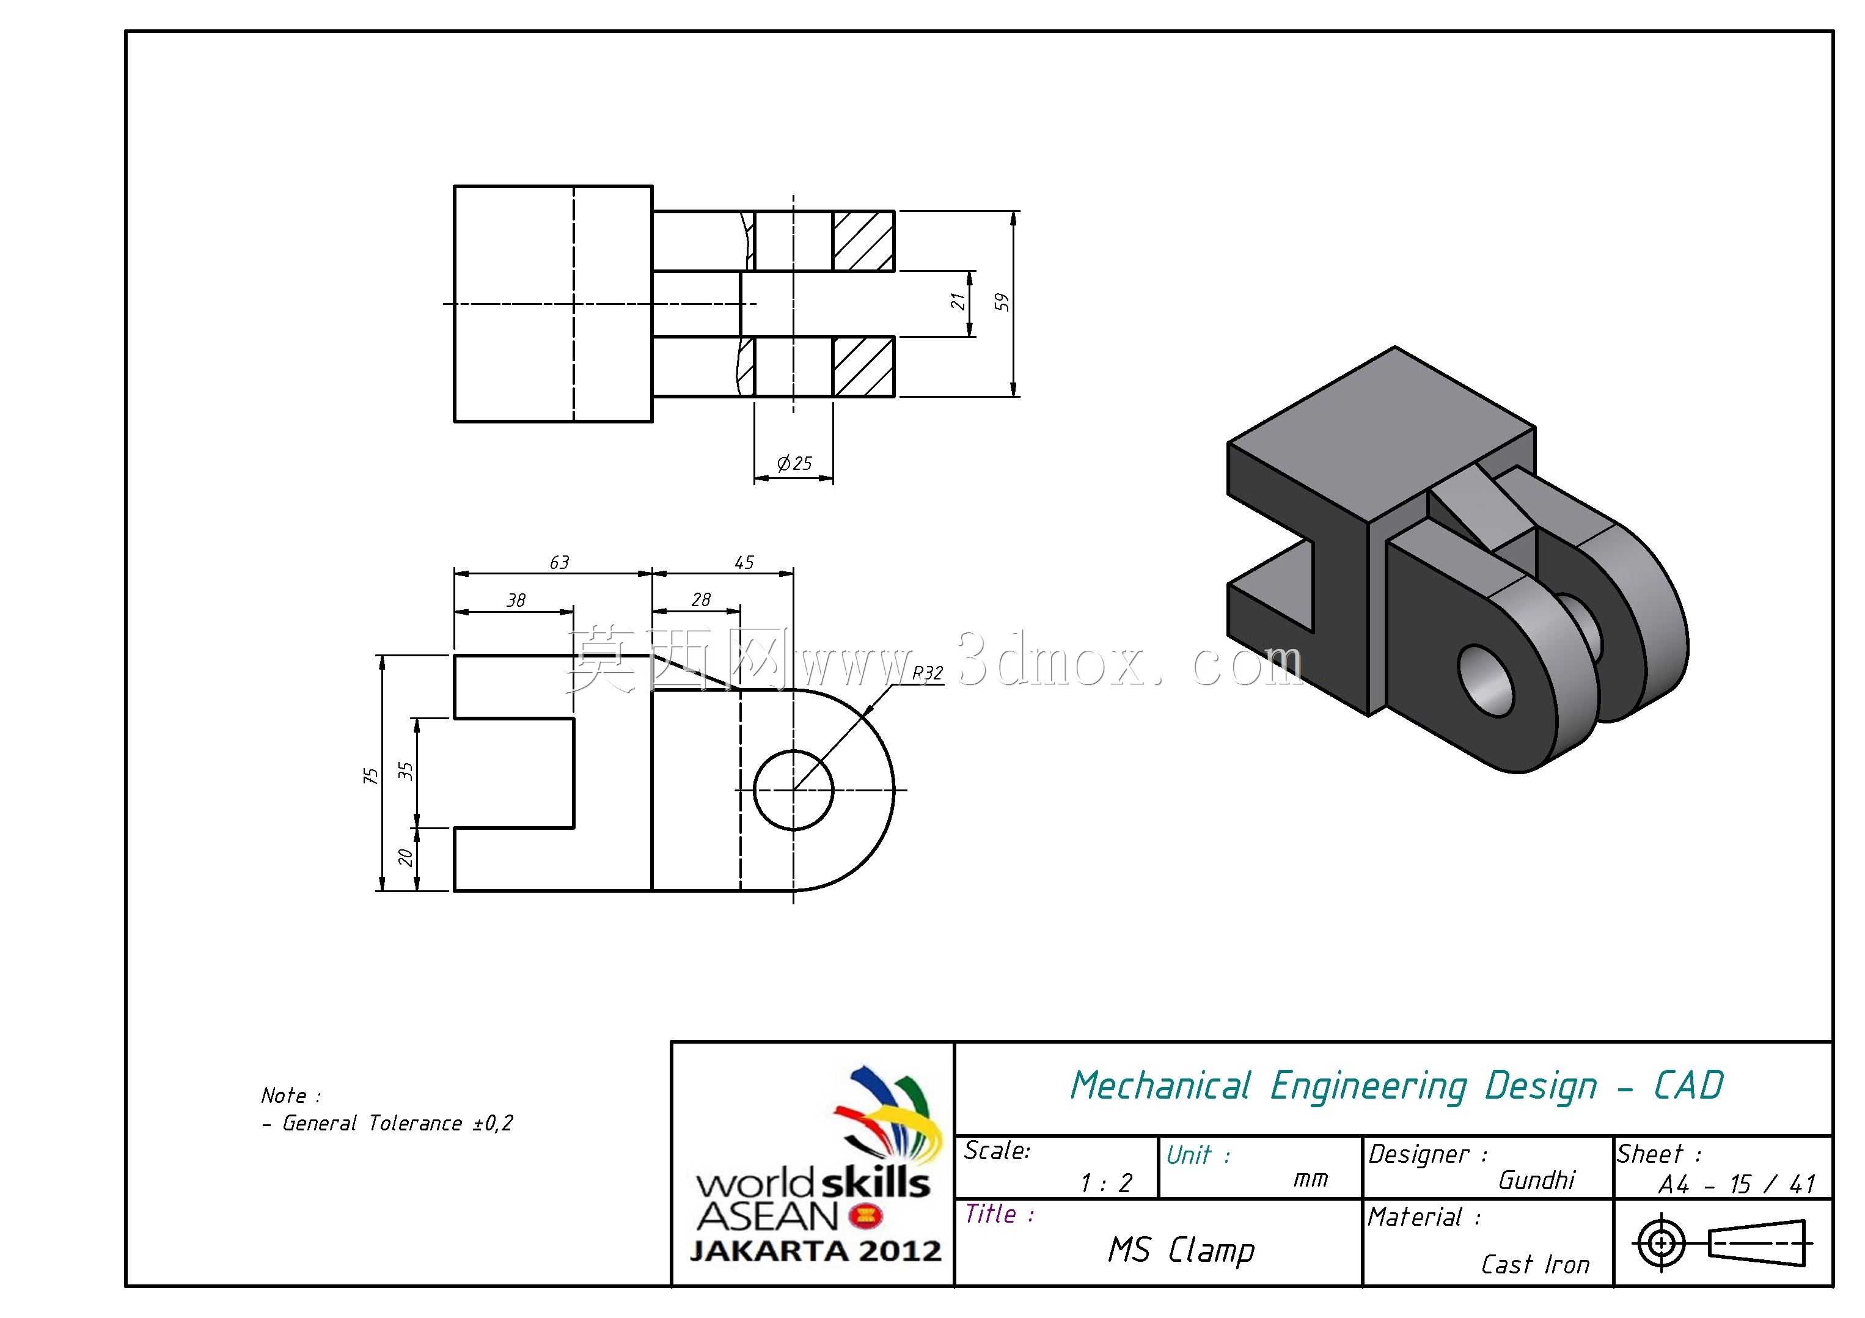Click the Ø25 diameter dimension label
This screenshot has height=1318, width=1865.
tap(794, 464)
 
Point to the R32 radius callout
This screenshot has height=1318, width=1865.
tap(928, 673)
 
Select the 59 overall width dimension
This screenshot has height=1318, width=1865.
tap(1002, 302)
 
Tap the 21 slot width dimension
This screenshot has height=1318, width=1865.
tap(959, 302)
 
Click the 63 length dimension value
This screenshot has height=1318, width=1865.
tap(560, 562)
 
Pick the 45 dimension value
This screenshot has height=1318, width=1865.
tap(744, 562)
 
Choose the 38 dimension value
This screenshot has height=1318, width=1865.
tap(516, 600)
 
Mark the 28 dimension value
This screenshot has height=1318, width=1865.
tap(701, 599)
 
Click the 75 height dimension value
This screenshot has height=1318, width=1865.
tap(370, 775)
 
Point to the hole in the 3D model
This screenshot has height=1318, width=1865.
tap(1487, 681)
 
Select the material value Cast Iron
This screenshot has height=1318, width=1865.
tap(1535, 1264)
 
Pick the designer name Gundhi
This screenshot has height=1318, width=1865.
tap(1537, 1179)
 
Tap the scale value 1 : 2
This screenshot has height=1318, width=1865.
tap(1105, 1182)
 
